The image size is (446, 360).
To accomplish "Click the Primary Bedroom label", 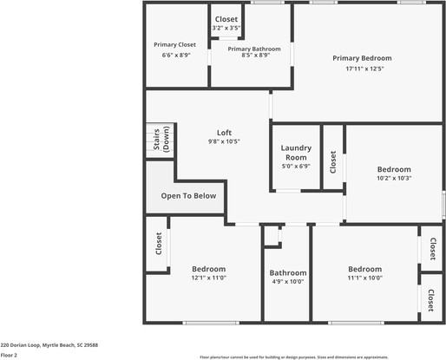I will tap(357, 58).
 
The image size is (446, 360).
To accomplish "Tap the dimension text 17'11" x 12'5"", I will tap(357, 69).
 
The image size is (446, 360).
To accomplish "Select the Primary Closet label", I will tap(175, 44).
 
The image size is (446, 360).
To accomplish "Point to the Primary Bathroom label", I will tap(254, 49).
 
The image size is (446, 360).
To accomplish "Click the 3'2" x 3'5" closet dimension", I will tap(226, 29).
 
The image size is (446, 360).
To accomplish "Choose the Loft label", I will tap(224, 132).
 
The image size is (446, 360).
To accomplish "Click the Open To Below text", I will tap(188, 196).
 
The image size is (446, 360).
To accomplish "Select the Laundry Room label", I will tap(296, 153).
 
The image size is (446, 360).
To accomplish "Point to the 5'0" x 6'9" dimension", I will tap(296, 167).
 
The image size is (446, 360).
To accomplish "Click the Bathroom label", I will tap(287, 272).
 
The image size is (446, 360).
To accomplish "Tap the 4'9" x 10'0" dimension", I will tap(287, 281).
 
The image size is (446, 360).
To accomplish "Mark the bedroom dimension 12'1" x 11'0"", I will tap(209, 278).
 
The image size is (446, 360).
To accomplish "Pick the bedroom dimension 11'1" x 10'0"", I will tap(364, 278).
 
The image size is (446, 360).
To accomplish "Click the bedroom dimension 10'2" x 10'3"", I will tap(394, 179).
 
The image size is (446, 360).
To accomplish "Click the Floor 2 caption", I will tap(9, 355).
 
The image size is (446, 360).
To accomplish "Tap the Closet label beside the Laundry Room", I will tap(333, 161).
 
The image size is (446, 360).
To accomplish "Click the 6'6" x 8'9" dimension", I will tap(175, 56).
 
